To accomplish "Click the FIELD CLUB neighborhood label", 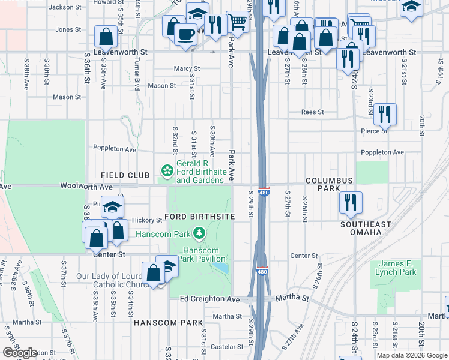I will [125, 175].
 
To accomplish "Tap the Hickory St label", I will [143, 220].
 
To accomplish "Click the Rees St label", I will [312, 112].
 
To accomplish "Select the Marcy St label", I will [187, 69].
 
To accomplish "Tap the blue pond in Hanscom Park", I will [221, 267].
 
